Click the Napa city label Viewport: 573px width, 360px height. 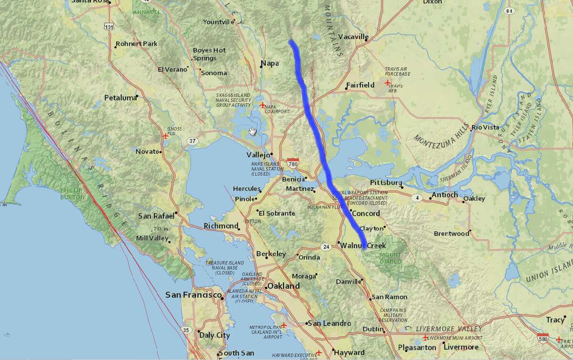270,63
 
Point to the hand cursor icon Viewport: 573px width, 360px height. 253,131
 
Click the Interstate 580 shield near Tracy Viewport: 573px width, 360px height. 543,338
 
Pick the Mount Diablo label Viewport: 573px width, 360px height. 391,258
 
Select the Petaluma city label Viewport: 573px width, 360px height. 120,98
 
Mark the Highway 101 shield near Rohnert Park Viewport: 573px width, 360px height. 111,28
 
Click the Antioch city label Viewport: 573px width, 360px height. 445,195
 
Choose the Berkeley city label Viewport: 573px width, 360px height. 271,254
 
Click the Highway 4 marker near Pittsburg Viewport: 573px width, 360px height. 418,197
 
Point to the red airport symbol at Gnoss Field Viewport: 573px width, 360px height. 165,136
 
